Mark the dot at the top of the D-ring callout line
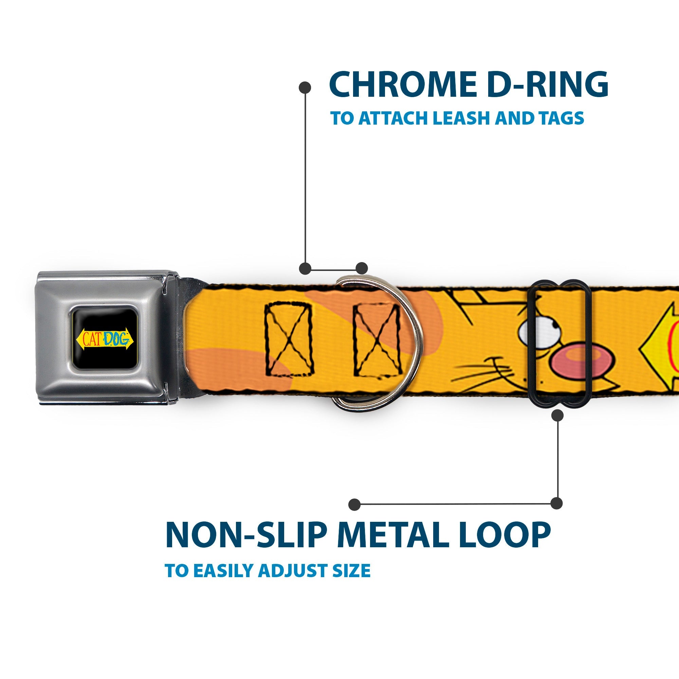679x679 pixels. (x=305, y=88)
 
